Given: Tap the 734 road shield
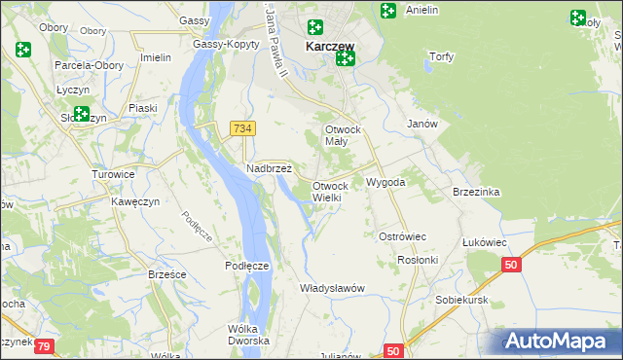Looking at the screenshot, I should [242, 128].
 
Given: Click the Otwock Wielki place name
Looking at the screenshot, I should [329, 191].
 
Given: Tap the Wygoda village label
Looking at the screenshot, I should [385, 182].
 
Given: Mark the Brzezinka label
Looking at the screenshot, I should [476, 192].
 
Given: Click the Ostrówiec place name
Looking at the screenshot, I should [402, 236].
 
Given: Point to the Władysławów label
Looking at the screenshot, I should [332, 287].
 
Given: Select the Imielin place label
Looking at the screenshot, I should [156, 56].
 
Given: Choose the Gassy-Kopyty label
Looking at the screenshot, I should [225, 44].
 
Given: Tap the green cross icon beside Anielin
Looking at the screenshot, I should [387, 11].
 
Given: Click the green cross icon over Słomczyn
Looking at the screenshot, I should [81, 114].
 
